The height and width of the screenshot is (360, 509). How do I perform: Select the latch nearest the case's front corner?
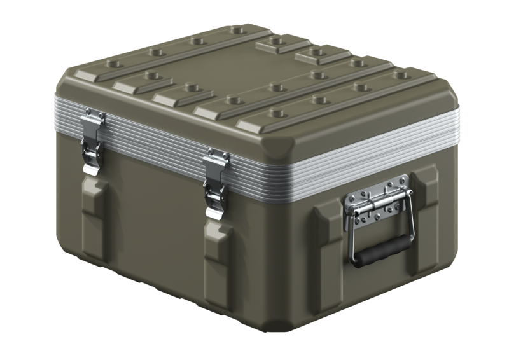click(216, 181)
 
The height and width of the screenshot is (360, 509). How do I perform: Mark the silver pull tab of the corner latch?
click(215, 207)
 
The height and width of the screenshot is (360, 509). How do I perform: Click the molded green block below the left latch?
click(94, 219)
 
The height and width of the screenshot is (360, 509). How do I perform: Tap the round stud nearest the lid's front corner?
click(276, 113)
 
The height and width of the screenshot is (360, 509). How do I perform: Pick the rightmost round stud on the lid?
click(401, 75)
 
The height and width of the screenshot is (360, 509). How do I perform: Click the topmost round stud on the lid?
click(237, 29)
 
